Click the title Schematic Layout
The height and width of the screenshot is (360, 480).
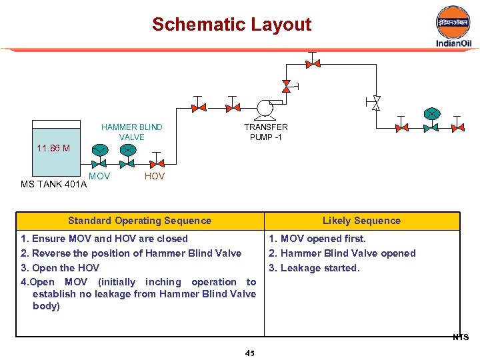pos(231,25)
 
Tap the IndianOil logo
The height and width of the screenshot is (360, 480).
pos(453,27)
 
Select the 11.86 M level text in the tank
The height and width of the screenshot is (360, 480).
pos(53,148)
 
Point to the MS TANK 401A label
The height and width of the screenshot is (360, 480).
pos(54,184)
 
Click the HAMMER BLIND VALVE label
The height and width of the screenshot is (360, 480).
pos(131,132)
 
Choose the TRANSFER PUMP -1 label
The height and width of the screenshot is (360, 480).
pos(266,132)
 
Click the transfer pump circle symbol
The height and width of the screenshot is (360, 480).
pos(265,107)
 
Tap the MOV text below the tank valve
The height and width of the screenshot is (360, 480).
pos(99,177)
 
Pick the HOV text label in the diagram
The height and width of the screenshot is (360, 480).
pos(155,177)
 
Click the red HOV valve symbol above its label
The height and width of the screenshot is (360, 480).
pos(156,163)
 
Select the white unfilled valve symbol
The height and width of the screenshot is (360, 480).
pos(376,103)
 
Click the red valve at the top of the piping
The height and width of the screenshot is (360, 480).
pos(313,63)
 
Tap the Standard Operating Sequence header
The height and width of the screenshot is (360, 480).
pos(139,221)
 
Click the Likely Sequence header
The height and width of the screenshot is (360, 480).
pos(361,221)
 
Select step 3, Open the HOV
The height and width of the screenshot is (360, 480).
pos(61,268)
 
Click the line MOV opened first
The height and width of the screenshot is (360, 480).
pos(317,239)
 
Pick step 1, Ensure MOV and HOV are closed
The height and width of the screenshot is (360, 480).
pos(105,239)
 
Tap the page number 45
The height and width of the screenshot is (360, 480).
pos(250,353)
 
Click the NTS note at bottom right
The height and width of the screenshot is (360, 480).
pos(461,337)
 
